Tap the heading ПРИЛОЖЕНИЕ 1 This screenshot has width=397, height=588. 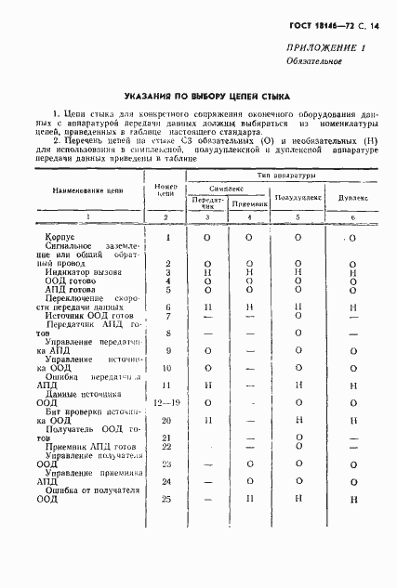coord(333,49)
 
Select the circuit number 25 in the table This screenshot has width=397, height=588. coord(167,499)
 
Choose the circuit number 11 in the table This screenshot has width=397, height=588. coord(167,385)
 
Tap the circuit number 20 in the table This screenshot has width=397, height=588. coord(167,421)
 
